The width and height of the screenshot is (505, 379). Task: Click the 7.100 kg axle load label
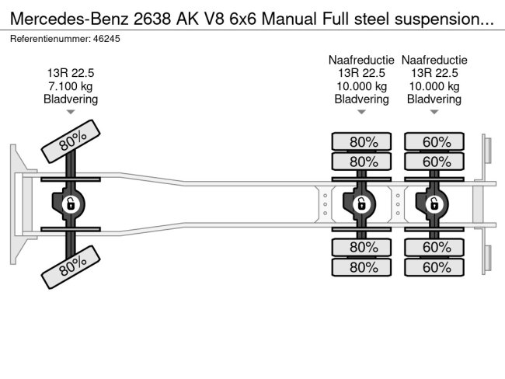pyautogui.click(x=71, y=86)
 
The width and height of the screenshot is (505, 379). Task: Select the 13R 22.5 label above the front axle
pyautogui.click(x=71, y=73)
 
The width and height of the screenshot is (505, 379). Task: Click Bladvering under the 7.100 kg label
pyautogui.click(x=71, y=99)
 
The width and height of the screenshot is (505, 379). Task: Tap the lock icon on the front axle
pyautogui.click(x=69, y=204)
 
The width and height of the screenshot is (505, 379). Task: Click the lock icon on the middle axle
pyautogui.click(x=361, y=204)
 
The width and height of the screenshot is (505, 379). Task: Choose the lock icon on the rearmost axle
pyautogui.click(x=434, y=204)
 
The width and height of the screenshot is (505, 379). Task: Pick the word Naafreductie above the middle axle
pyautogui.click(x=361, y=60)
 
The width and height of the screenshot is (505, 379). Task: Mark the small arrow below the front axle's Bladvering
pyautogui.click(x=71, y=112)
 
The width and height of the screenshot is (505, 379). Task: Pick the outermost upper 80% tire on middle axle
pyautogui.click(x=361, y=142)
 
